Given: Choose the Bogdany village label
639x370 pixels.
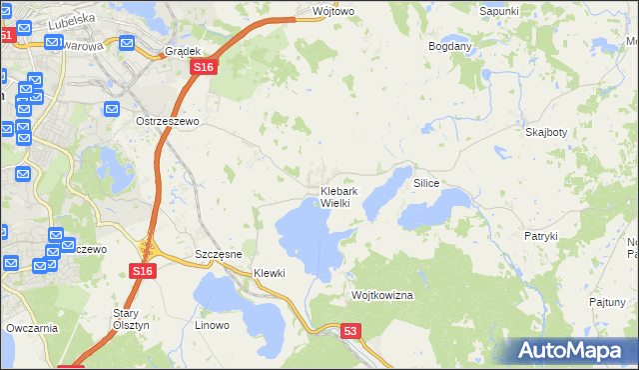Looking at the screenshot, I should click(x=449, y=47).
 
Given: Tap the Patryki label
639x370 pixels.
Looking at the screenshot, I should click(x=540, y=236).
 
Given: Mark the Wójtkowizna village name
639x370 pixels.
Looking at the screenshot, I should click(x=382, y=296).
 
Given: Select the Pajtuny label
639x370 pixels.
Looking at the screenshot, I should click(x=607, y=301).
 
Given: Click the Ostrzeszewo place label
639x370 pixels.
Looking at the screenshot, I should click(x=168, y=121).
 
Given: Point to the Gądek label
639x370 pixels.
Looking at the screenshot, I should click(x=184, y=51).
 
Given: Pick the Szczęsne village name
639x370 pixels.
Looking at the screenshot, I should click(x=220, y=255).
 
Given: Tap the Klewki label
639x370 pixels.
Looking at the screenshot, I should click(x=270, y=273).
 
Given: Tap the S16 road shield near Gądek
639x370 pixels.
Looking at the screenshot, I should click(x=203, y=66).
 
